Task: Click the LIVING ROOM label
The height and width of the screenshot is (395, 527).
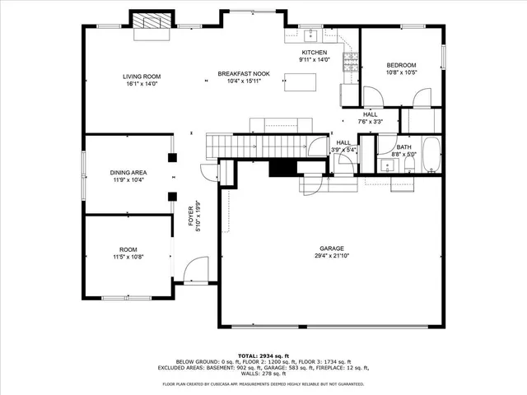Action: point(142,76)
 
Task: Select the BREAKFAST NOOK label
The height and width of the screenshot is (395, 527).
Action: point(244,74)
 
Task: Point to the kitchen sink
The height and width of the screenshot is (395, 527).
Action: point(310,35)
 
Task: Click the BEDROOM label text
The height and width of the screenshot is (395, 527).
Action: point(402,65)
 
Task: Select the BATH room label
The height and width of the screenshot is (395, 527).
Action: point(403,146)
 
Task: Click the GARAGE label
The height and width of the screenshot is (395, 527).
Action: point(332,248)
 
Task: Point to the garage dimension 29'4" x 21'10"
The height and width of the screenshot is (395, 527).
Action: point(332,256)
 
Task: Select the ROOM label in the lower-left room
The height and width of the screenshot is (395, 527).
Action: point(128,249)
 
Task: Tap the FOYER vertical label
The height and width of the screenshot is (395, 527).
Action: point(191,218)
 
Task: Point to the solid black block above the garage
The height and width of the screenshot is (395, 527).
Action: point(283,167)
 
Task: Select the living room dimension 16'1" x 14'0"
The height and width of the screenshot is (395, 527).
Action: point(142,83)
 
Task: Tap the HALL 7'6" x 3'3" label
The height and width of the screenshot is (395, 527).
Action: point(371,118)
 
